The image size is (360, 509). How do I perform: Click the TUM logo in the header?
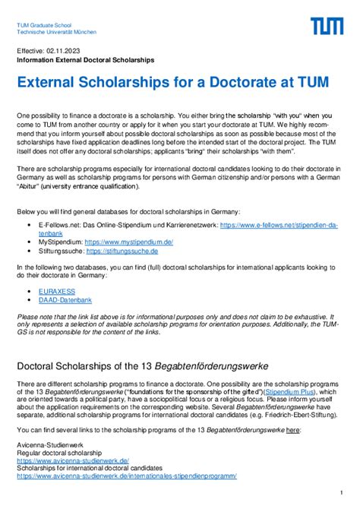327,27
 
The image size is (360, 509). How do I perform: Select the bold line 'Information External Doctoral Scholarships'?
85,58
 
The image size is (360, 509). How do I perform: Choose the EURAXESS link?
55,291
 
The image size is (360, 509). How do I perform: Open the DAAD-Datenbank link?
62,299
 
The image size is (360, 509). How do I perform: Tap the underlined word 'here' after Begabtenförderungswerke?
293,430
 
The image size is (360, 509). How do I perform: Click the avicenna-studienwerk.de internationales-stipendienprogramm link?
127,476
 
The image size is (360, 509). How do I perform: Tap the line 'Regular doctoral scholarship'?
59,453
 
